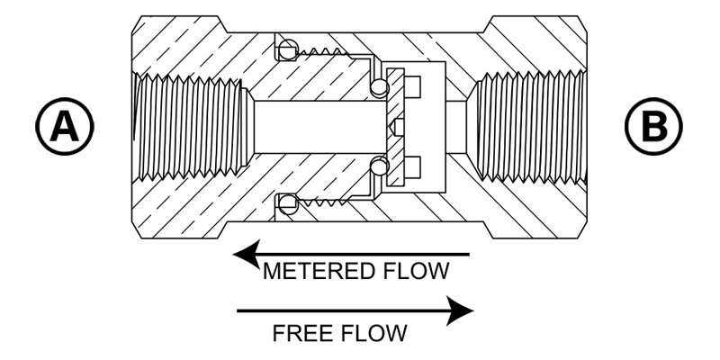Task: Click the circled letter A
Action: [65, 126]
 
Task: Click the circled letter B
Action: [653, 126]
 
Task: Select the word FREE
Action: [301, 333]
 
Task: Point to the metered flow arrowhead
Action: [247, 254]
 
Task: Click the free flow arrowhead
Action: [460, 310]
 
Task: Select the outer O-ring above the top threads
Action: [288, 49]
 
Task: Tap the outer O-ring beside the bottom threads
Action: [288, 204]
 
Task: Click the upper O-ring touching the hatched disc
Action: [379, 87]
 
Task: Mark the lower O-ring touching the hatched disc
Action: [379, 166]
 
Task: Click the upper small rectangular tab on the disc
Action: [412, 86]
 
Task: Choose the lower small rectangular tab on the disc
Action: [412, 167]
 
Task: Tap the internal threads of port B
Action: [530, 127]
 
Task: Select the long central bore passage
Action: [320, 127]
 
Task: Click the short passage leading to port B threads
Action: [456, 127]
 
